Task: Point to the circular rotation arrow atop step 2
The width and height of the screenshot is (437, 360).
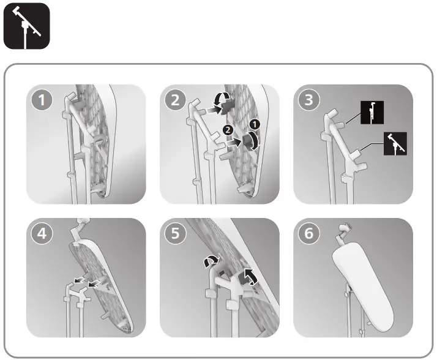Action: pos(222,99)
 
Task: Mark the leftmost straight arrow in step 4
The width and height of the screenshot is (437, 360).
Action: pos(77,282)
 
